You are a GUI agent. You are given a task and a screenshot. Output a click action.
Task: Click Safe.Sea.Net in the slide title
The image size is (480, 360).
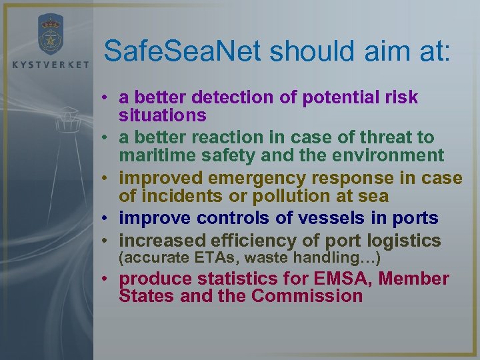click(183, 51)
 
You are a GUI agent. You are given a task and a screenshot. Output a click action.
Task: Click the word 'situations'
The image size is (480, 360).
click(162, 115)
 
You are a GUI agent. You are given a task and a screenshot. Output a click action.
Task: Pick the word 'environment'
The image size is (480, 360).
click(384, 155)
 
